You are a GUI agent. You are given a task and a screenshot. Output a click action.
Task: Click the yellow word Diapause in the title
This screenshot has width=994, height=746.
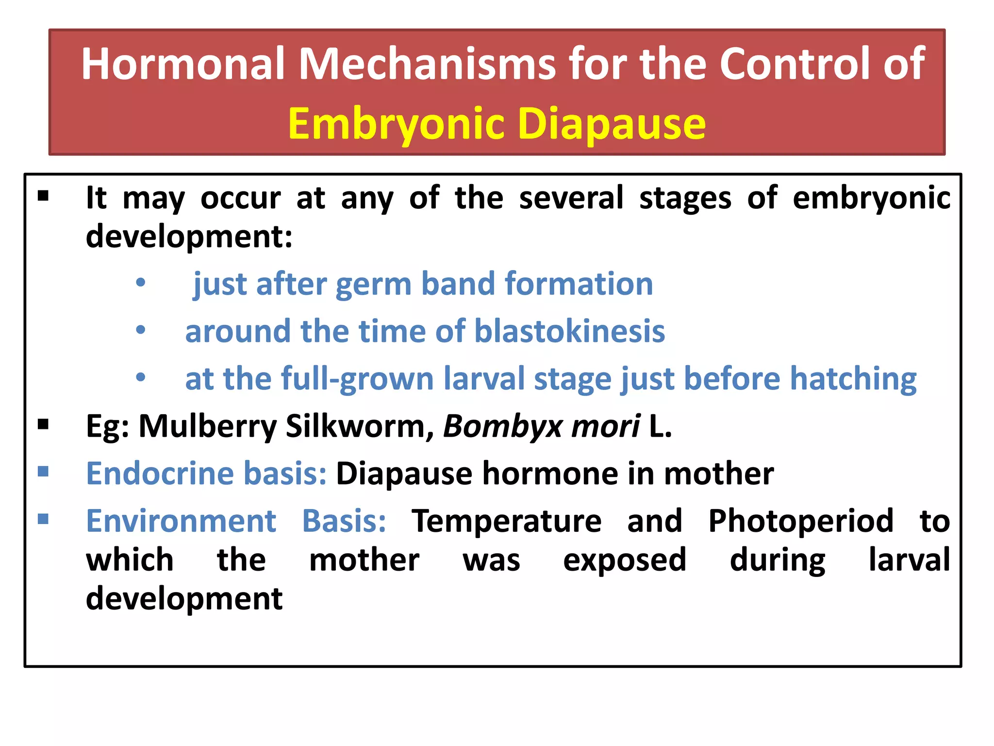[612, 124]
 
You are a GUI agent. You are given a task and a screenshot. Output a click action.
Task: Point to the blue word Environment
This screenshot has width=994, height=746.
[181, 521]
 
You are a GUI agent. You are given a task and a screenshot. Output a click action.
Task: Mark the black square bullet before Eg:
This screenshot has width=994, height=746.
[44, 424]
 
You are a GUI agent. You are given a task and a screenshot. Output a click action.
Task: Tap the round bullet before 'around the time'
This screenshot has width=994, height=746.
[141, 330]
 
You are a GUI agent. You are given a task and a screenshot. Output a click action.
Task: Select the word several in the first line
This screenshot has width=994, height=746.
[571, 198]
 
